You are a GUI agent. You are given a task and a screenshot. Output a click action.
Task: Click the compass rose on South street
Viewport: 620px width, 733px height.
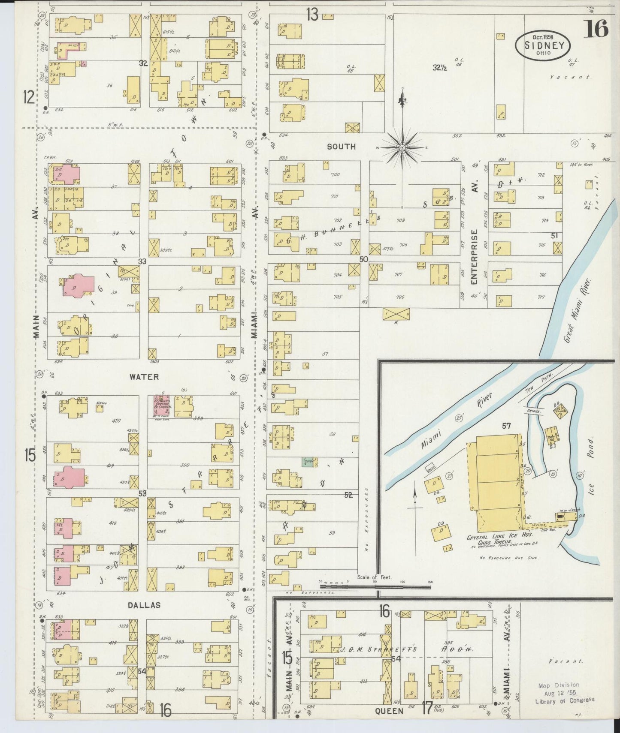pyautogui.click(x=402, y=147)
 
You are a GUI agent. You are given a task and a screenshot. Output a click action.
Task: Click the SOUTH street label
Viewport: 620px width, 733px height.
pyautogui.click(x=341, y=147)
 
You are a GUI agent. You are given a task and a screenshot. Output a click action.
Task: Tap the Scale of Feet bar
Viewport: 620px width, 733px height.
pyautogui.click(x=375, y=586)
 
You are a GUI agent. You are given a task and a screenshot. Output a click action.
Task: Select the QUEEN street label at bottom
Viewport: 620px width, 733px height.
pyautogui.click(x=389, y=711)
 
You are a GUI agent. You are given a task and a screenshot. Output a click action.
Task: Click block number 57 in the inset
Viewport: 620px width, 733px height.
pyautogui.click(x=507, y=426)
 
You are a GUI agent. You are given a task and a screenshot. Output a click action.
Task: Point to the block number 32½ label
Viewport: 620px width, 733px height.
pyautogui.click(x=440, y=67)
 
